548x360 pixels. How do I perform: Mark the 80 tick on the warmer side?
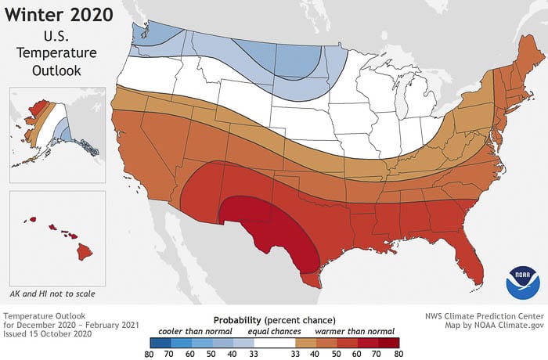399,355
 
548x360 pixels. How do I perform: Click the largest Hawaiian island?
84,252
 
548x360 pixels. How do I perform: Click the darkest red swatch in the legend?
389,343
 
